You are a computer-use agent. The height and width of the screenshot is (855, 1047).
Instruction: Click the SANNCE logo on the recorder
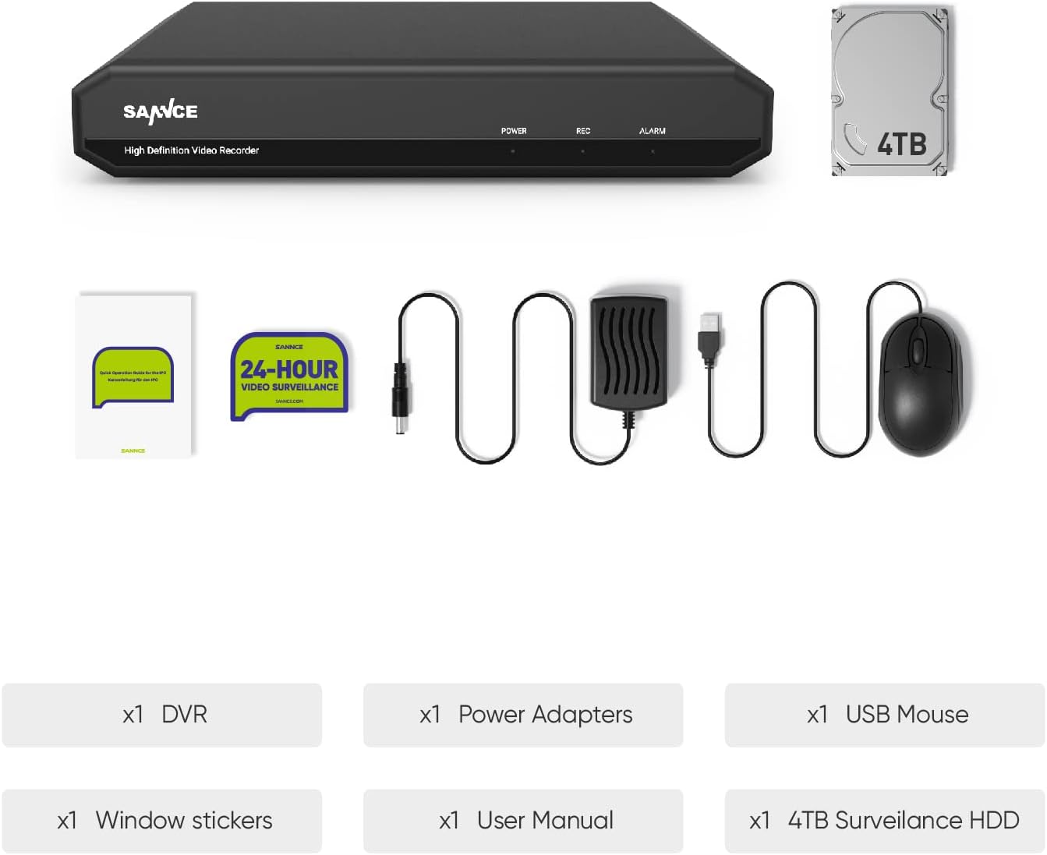point(161,112)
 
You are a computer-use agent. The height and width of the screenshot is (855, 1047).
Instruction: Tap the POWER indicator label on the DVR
point(514,131)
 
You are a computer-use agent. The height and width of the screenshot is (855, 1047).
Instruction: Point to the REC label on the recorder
point(583,131)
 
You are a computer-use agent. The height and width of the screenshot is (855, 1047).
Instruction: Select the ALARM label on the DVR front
point(653,131)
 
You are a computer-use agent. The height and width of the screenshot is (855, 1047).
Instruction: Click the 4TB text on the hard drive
point(902,145)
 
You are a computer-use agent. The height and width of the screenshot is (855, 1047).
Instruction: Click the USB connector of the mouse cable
point(710,335)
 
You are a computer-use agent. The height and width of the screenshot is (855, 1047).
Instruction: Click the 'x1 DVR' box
point(162,715)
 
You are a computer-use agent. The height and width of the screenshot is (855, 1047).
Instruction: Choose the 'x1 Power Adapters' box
point(523,715)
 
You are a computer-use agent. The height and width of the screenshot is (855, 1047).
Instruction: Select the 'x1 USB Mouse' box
point(885,715)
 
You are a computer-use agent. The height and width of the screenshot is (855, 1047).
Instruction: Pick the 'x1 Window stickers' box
point(162,821)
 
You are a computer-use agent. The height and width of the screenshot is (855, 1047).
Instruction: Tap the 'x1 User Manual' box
point(523,821)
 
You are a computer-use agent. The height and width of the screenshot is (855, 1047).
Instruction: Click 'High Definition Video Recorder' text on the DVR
point(192,150)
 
